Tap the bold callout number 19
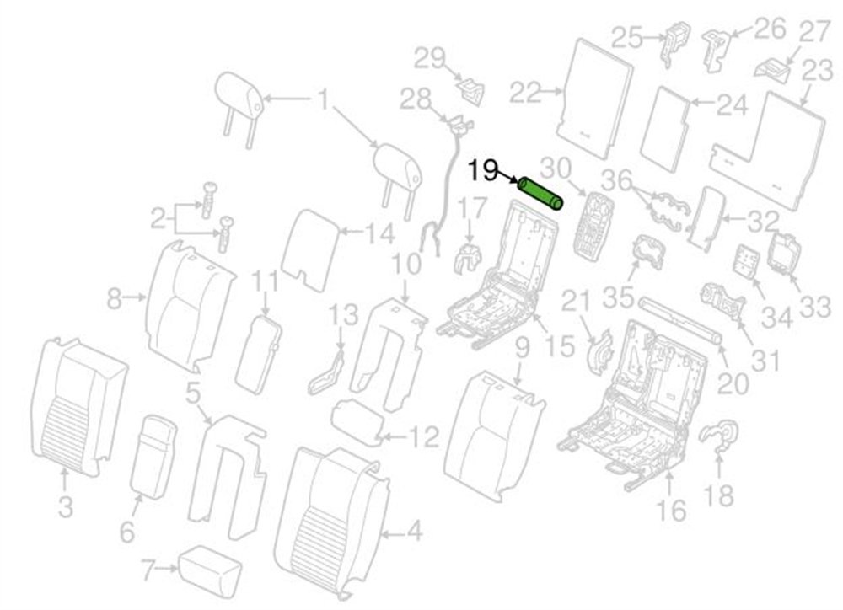pos(483,171)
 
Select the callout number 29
pos(430,58)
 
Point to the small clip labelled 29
pos(471,89)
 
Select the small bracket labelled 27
pos(773,70)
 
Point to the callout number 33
pos(815,307)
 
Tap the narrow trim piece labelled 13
pos(327,372)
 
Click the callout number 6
pos(127,532)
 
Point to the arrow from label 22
pos(551,92)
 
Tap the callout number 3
pos(65,507)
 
